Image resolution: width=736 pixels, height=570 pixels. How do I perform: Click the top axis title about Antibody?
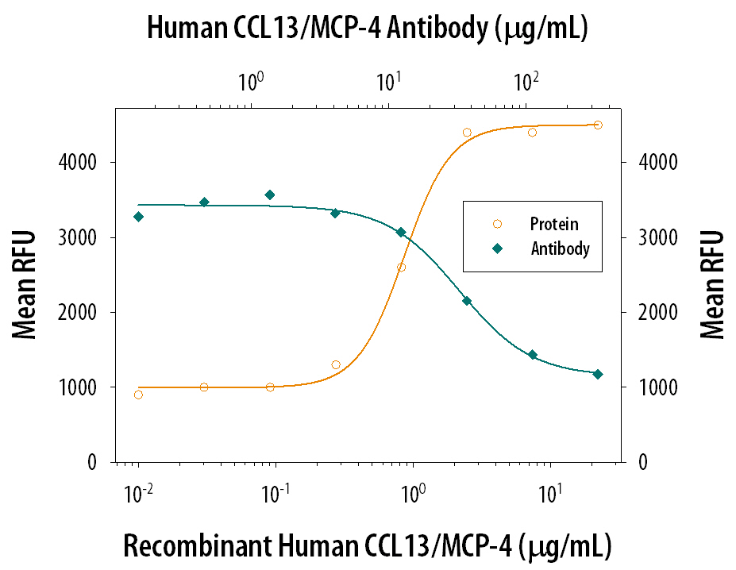[368, 29]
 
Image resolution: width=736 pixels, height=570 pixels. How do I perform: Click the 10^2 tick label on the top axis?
[526, 81]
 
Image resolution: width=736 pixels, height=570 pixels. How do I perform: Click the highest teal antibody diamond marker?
[270, 194]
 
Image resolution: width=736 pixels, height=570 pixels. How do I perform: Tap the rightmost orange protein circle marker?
[598, 125]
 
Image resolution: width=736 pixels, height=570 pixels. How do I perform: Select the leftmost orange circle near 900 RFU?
[138, 395]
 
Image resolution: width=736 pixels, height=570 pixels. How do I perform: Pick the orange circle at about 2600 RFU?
[401, 268]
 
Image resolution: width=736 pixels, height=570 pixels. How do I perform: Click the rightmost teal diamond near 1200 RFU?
[598, 374]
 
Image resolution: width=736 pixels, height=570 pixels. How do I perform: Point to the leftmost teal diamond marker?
[138, 217]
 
